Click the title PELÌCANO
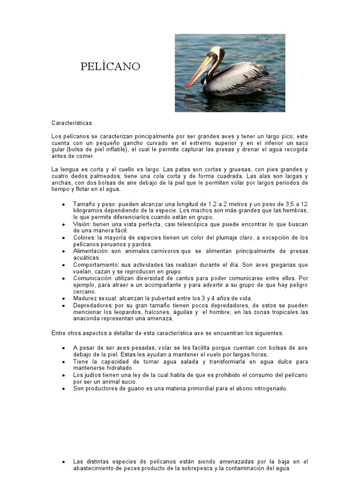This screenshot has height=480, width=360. (x=110, y=67)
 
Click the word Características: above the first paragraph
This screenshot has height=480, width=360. (x=73, y=123)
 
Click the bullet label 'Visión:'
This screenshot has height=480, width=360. (x=82, y=224)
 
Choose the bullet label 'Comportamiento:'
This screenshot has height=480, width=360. (x=96, y=265)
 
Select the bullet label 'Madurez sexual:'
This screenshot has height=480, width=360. (x=94, y=298)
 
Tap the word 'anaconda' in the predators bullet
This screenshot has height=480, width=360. (x=86, y=318)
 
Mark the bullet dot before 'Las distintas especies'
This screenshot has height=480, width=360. (x=63, y=462)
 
